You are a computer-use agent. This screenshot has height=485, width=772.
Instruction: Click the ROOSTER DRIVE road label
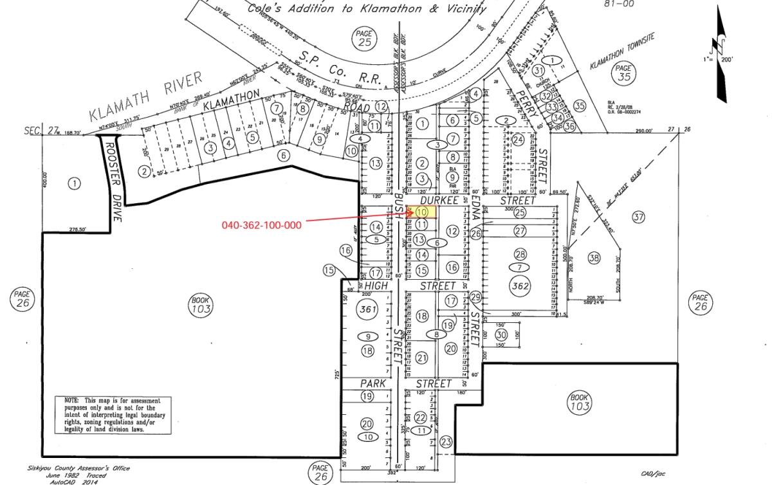pyautogui.click(x=113, y=182)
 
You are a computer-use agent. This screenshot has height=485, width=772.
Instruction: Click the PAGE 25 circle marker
pyautogui.click(x=365, y=39)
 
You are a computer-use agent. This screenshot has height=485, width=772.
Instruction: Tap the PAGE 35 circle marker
pyautogui.click(x=622, y=71)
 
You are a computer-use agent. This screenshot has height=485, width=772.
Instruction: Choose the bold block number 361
pyautogui.click(x=367, y=309)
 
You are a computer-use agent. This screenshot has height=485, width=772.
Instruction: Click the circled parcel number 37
pyautogui.click(x=638, y=217)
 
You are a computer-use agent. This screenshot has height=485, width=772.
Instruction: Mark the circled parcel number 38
pyautogui.click(x=593, y=258)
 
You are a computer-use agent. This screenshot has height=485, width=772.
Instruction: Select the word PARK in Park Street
pyautogui.click(x=373, y=383)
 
